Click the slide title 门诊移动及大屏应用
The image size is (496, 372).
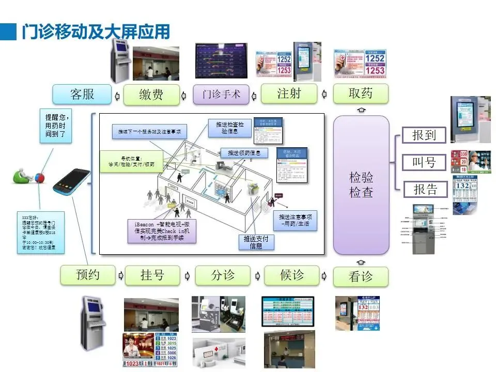pos(96,32)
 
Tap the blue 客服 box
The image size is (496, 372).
pos(82,95)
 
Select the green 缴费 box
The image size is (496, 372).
pos(151,95)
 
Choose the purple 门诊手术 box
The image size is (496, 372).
pos(221,95)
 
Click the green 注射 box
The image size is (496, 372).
pos(289,94)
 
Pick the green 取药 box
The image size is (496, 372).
pos(361,94)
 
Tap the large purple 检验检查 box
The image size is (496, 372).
pos(361,185)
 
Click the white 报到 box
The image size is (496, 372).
pos(424,135)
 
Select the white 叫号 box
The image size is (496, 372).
pos(424,163)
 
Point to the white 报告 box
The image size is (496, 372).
pos(425,190)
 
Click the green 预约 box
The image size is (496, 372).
pos(87,275)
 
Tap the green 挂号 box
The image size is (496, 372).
pos(152,275)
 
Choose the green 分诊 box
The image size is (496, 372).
pos(223,275)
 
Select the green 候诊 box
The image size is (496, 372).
pos(291,275)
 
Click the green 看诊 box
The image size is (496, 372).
pos(361,276)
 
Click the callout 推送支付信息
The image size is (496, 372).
pos(256,242)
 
